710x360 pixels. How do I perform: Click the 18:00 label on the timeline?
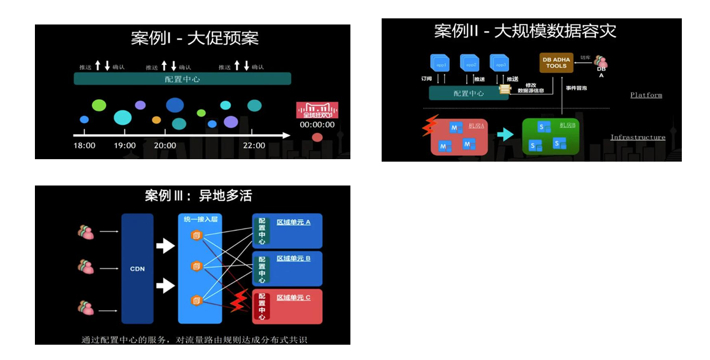85,145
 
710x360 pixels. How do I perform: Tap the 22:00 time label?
254,145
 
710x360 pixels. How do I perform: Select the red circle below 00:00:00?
317,137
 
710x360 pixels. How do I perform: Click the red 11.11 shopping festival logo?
317,110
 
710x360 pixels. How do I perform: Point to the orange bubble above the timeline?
156,120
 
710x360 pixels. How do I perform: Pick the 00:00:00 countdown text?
317,124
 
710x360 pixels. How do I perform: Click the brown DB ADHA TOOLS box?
556,62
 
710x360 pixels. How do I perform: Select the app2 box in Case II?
470,64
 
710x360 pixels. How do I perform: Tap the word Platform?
646,95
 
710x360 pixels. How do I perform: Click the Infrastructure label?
638,137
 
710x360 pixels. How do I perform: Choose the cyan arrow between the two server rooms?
505,134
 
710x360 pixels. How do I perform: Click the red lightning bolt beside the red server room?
428,125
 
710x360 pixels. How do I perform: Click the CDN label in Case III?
137,269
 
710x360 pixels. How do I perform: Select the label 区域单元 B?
293,258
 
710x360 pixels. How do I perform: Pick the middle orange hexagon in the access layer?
197,266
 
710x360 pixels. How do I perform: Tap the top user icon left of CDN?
86,232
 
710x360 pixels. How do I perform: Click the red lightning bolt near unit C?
238,301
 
